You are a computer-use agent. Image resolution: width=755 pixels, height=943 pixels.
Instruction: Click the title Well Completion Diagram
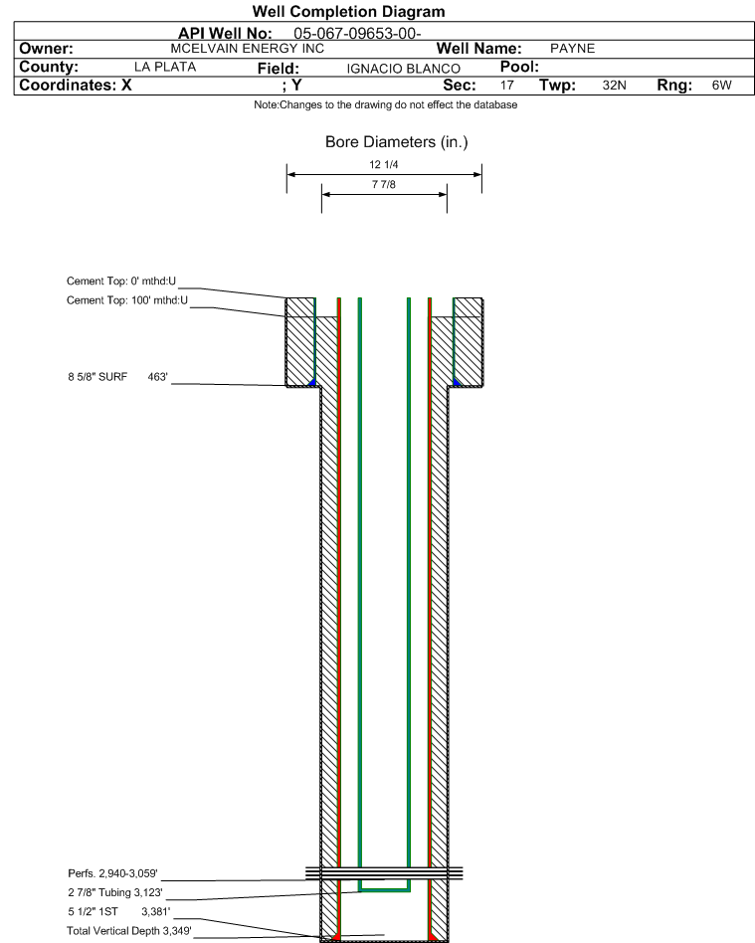(x=348, y=11)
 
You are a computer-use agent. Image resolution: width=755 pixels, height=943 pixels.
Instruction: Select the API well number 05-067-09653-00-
(x=357, y=34)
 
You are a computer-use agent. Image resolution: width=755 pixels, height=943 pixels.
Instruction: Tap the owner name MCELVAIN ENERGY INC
(x=248, y=49)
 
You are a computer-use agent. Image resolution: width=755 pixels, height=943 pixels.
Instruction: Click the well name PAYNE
(x=572, y=49)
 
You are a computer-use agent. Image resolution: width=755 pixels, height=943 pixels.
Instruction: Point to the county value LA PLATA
(x=165, y=67)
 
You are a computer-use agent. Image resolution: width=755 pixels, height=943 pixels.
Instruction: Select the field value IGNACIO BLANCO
(x=403, y=69)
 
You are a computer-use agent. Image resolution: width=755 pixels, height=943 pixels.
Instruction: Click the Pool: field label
(x=519, y=67)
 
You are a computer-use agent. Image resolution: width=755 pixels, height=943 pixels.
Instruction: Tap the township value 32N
(x=614, y=86)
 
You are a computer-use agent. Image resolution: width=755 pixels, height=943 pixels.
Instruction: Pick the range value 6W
(x=722, y=86)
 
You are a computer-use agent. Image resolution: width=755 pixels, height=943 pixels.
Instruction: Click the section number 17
(x=507, y=86)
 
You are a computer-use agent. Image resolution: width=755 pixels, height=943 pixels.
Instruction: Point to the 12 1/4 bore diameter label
(x=384, y=165)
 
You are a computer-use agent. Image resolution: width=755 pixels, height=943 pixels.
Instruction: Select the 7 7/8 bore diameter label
(x=384, y=185)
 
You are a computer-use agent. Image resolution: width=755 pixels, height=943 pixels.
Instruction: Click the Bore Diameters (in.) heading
(x=397, y=142)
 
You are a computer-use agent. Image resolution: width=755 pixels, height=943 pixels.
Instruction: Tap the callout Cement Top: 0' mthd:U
(x=121, y=281)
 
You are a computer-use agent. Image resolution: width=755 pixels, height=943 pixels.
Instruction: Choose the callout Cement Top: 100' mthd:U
(x=127, y=300)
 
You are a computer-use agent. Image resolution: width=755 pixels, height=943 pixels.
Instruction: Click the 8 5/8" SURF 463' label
(x=118, y=377)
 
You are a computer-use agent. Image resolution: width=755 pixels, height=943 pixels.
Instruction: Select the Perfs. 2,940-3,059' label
(x=112, y=873)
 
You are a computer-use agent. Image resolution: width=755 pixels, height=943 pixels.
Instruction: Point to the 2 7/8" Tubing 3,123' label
(x=115, y=892)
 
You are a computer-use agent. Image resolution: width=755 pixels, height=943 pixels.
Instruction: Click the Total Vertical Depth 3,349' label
(x=128, y=931)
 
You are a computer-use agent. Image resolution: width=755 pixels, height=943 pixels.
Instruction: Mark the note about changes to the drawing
(x=386, y=104)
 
